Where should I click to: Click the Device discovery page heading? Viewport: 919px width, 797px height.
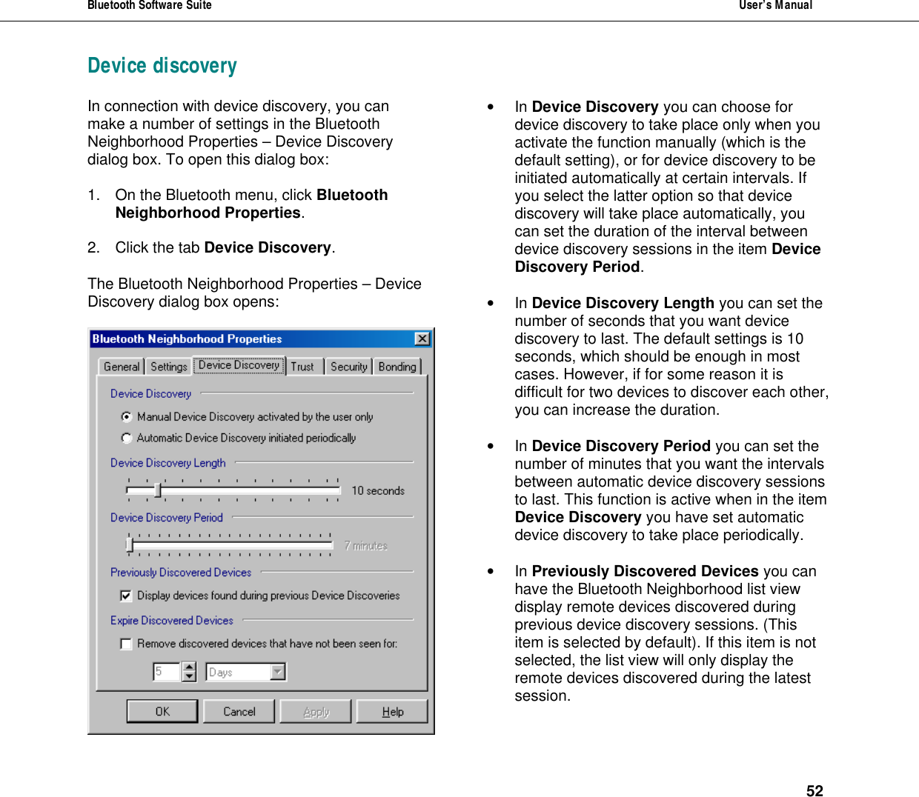[x=162, y=66]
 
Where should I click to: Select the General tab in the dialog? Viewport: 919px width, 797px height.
[x=122, y=367]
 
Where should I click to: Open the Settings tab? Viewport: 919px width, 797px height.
[x=169, y=367]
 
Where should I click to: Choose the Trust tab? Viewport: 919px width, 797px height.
[x=302, y=367]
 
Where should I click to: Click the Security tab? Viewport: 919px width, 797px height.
[x=348, y=367]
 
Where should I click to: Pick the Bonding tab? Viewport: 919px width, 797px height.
[x=397, y=367]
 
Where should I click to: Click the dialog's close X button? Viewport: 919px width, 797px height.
[x=422, y=339]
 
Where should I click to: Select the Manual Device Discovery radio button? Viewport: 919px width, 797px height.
[x=127, y=417]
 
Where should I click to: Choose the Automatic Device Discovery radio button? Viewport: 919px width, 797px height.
[x=127, y=438]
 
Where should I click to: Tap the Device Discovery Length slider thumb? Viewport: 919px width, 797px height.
[x=157, y=490]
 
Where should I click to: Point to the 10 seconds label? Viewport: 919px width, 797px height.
[x=378, y=491]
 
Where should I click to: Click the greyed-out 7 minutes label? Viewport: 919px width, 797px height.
[x=366, y=546]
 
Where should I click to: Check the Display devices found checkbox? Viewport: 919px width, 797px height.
[x=126, y=596]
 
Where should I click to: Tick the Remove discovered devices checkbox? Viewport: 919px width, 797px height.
[x=126, y=644]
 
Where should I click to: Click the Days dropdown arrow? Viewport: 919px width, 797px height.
[x=278, y=672]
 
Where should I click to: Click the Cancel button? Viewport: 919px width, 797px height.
[x=239, y=711]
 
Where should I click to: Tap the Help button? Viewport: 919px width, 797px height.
[x=392, y=711]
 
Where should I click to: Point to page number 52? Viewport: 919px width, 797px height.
[x=815, y=790]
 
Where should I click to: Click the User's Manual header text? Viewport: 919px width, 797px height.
[x=775, y=6]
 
